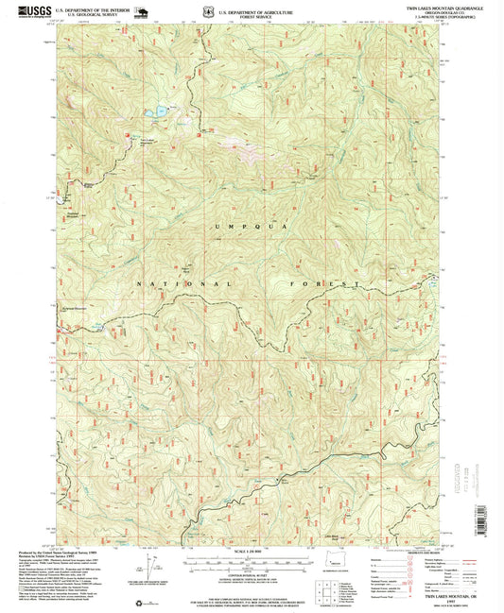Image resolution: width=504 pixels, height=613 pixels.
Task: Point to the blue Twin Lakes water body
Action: point(156,112)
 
